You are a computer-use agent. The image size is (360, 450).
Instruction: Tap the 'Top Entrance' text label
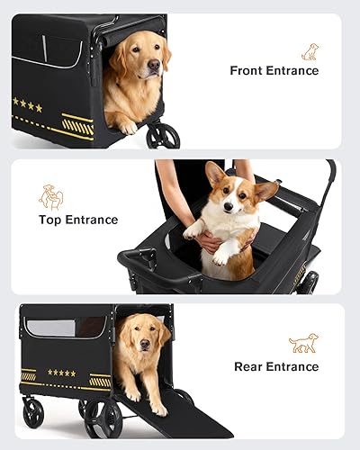[x=78, y=220]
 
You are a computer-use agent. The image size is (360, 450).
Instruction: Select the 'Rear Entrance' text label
[x=276, y=366]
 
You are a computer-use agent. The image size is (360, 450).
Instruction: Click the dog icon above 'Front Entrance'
[x=310, y=51]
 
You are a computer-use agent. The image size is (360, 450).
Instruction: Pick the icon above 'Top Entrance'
[x=51, y=197]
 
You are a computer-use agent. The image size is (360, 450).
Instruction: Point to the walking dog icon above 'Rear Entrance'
[x=303, y=344]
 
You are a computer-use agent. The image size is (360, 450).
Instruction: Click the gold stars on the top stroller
[x=27, y=105]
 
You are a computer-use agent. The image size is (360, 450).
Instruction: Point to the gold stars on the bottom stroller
[x=62, y=373]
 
